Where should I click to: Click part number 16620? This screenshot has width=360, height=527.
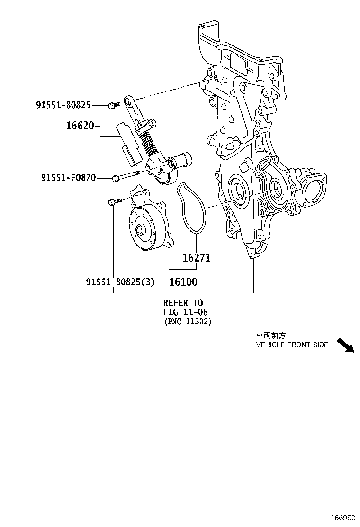(x=80, y=126)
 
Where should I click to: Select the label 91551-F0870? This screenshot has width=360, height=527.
(x=69, y=178)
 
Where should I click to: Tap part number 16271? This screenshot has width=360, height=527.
(x=197, y=258)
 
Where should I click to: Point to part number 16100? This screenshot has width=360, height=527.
(x=183, y=282)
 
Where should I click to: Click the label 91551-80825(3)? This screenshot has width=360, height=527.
(x=120, y=282)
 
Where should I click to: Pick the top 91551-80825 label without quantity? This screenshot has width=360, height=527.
(x=63, y=105)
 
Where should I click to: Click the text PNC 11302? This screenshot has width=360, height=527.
(x=188, y=322)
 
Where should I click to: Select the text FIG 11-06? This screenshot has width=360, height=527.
(x=186, y=312)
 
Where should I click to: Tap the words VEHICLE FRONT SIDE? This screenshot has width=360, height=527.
(x=292, y=345)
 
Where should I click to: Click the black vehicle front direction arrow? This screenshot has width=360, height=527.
(x=345, y=345)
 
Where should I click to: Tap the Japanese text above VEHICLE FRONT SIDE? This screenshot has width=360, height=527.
(x=271, y=335)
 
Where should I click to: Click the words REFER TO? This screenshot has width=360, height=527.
(x=183, y=303)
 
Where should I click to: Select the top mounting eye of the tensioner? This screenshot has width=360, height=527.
(x=127, y=100)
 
